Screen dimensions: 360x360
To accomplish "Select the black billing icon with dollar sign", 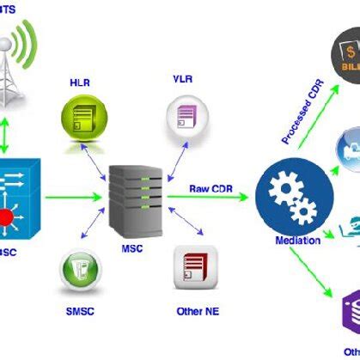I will [344, 60].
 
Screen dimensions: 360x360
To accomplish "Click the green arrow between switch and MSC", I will [76, 197].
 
